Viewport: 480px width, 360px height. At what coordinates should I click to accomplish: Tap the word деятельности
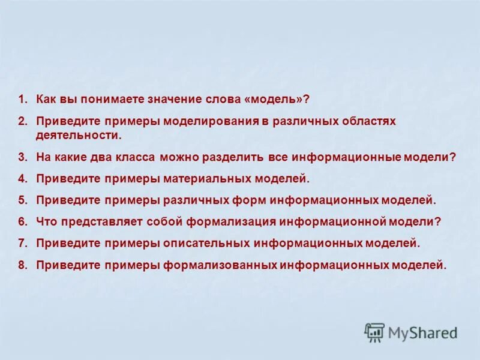[x=78, y=135]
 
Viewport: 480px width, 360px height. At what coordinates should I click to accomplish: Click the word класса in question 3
[x=135, y=157]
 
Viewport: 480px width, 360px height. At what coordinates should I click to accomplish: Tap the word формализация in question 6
[x=231, y=221]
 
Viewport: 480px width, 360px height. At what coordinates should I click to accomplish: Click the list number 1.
[x=22, y=98]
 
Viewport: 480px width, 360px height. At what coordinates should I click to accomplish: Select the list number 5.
[x=22, y=200]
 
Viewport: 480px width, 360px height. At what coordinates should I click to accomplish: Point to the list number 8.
[x=22, y=265]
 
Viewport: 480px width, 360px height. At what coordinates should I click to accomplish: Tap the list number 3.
[x=22, y=157]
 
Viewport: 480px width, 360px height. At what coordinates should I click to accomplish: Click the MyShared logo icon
[x=375, y=332]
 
